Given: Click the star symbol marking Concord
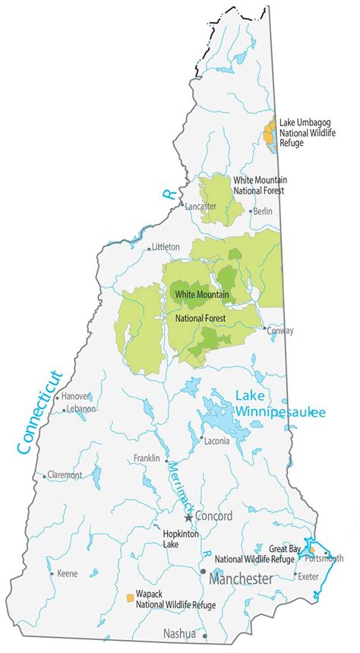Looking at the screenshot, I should point(188,518).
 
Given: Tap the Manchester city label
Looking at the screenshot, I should point(241,579).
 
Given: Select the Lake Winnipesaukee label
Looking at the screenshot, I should point(279,403).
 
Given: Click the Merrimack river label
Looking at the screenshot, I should point(179,486).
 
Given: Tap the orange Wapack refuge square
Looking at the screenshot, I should point(131,598).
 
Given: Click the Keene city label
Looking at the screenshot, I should point(67,573).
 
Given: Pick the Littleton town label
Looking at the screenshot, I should point(166,247).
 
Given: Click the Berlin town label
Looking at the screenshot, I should point(263,211).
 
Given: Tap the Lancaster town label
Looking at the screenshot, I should point(201,207).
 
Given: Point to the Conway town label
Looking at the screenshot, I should point(280,330).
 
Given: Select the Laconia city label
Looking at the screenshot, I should point(216,440).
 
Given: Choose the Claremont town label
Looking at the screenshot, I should point(65,475).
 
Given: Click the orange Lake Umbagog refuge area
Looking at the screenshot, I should point(268,134).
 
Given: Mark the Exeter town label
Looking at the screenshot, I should point(308,576).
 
